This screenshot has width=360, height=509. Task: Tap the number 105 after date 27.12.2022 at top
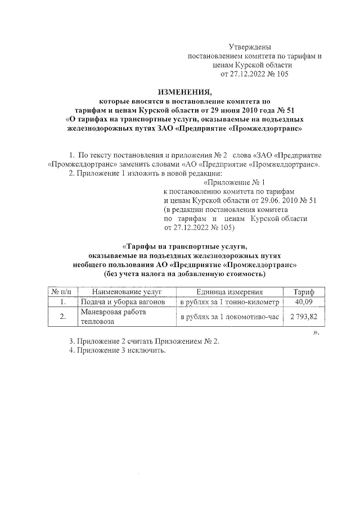280,74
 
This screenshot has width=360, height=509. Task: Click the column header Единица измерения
229,292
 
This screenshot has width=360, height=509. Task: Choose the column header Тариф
304,292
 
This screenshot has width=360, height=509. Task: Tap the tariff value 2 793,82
304,317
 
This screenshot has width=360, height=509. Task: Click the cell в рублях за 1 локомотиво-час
229,317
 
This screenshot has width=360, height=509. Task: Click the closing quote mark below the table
316,331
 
